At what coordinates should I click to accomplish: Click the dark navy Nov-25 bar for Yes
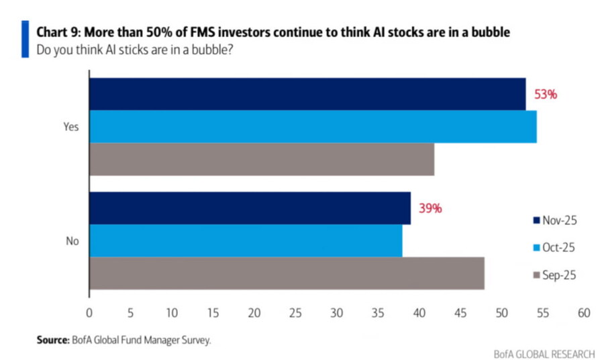click(307, 94)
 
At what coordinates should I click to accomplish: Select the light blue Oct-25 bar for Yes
click(313, 126)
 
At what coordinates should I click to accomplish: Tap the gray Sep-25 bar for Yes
click(262, 159)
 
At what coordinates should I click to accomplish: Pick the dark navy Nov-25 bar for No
click(250, 208)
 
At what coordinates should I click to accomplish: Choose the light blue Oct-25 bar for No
click(246, 240)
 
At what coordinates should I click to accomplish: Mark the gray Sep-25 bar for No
click(287, 273)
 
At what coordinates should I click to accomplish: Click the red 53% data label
click(545, 95)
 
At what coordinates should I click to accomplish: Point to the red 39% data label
click(430, 208)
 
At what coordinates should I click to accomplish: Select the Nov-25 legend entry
click(554, 220)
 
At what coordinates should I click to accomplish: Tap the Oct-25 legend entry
click(554, 247)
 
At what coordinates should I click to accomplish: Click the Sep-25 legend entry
click(554, 274)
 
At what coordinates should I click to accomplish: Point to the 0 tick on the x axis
click(89, 312)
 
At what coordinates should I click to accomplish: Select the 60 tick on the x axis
click(583, 312)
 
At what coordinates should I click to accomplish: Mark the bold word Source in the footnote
click(52, 341)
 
